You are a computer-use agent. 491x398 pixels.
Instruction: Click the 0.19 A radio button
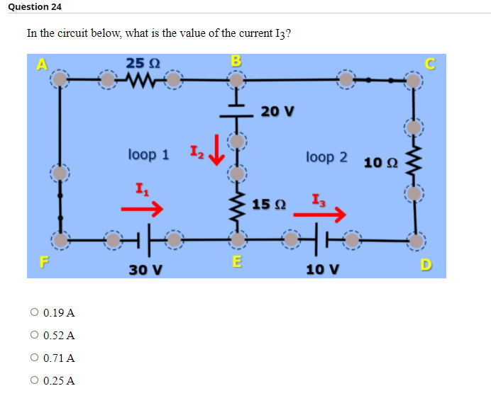click(x=34, y=312)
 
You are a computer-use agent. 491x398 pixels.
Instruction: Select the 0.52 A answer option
click(x=34, y=335)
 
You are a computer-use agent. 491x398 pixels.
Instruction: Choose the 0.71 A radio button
click(x=34, y=358)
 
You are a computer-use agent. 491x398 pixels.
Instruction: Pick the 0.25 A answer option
click(x=34, y=380)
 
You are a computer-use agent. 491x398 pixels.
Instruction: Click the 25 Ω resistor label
click(x=143, y=63)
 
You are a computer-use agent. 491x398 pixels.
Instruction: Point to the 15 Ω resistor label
click(x=269, y=205)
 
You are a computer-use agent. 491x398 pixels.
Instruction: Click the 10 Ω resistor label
click(x=380, y=164)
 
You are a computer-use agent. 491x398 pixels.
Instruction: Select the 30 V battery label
click(x=145, y=270)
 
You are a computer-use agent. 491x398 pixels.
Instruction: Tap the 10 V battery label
click(x=322, y=270)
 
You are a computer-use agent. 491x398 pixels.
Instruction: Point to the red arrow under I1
click(x=142, y=209)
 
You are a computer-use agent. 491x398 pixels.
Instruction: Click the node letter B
click(x=236, y=59)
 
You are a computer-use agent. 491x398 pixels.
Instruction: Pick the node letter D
click(x=425, y=265)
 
